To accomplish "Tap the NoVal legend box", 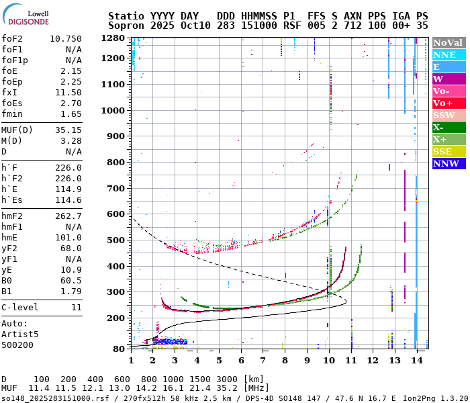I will click(x=449, y=42).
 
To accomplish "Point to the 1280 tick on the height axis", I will click(x=113, y=38).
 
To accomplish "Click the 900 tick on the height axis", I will click(x=116, y=136).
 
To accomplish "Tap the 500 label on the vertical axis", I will click(x=116, y=240).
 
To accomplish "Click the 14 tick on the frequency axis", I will click(x=417, y=361).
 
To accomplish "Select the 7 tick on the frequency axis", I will click(x=263, y=361).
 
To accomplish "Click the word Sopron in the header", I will click(x=126, y=25).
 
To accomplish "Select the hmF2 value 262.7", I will click(x=68, y=216).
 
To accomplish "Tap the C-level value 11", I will click(x=76, y=307).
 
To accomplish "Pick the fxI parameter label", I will click(x=9, y=92).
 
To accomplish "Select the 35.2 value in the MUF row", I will click(x=221, y=388).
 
